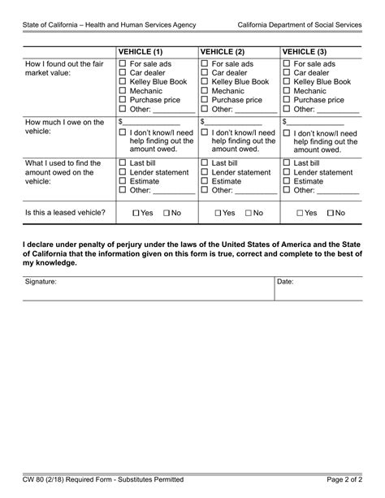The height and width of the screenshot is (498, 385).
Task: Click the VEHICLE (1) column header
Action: coord(141,50)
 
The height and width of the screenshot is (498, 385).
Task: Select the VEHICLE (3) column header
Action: coord(305,50)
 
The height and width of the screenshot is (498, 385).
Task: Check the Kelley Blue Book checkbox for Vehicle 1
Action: coord(123,81)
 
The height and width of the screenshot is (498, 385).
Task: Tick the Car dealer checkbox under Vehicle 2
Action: coord(205,72)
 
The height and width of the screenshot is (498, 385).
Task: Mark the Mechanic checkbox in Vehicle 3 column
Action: coord(287,91)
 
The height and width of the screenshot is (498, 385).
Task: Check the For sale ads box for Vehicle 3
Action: coord(287,63)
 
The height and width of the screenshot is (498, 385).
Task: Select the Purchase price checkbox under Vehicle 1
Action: coord(123,100)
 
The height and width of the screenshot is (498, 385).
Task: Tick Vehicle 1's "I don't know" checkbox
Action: coord(123,132)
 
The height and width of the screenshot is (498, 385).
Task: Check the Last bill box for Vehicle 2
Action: coord(205,163)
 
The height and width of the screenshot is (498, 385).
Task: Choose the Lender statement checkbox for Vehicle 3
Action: coord(287,172)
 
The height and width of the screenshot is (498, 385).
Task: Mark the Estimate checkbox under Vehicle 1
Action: coord(123,181)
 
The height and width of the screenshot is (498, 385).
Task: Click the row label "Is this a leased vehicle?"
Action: coord(65,212)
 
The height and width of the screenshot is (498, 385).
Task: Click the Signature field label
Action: coord(41,282)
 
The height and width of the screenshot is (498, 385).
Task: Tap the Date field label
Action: coord(285,282)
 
